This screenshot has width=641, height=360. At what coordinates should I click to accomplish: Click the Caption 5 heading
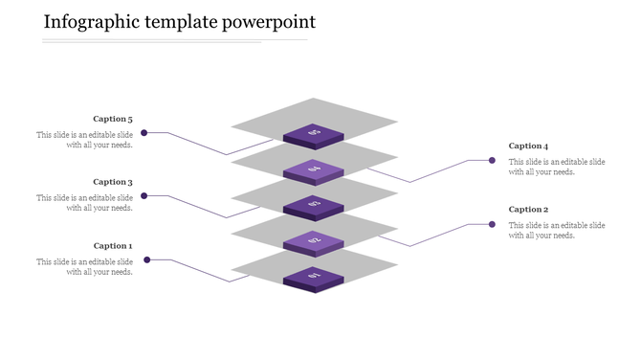click(113, 120)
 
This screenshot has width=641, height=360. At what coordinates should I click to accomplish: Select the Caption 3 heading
click(113, 182)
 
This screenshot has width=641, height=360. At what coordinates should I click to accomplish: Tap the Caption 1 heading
click(113, 246)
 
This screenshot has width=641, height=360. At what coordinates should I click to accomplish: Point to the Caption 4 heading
click(528, 146)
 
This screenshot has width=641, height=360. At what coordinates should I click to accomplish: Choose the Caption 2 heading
click(528, 210)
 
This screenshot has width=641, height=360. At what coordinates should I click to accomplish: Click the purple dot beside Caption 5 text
click(144, 133)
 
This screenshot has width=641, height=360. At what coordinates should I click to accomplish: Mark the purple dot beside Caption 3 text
click(144, 196)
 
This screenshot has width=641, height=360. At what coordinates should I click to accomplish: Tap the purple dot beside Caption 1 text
click(146, 259)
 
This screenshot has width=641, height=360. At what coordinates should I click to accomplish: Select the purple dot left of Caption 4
click(492, 161)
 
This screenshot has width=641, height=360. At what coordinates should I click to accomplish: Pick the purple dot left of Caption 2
click(492, 224)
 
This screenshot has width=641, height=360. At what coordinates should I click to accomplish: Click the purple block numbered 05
click(314, 134)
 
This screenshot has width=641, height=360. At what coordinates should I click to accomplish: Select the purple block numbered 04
click(314, 170)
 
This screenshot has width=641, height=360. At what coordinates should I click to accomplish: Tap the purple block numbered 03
click(314, 205)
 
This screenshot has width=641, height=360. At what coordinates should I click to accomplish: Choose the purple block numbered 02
click(314, 241)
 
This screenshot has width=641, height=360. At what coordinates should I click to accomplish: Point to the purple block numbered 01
click(314, 278)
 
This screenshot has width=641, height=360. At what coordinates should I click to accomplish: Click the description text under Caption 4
click(557, 167)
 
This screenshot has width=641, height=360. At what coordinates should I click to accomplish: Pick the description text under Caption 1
click(85, 266)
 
